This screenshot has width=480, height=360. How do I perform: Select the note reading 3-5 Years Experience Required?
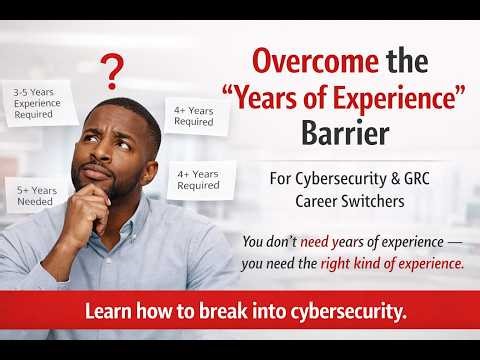click(x=40, y=104)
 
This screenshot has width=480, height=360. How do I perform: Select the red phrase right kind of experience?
click(x=392, y=264)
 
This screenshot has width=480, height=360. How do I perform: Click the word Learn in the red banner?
click(x=107, y=311)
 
